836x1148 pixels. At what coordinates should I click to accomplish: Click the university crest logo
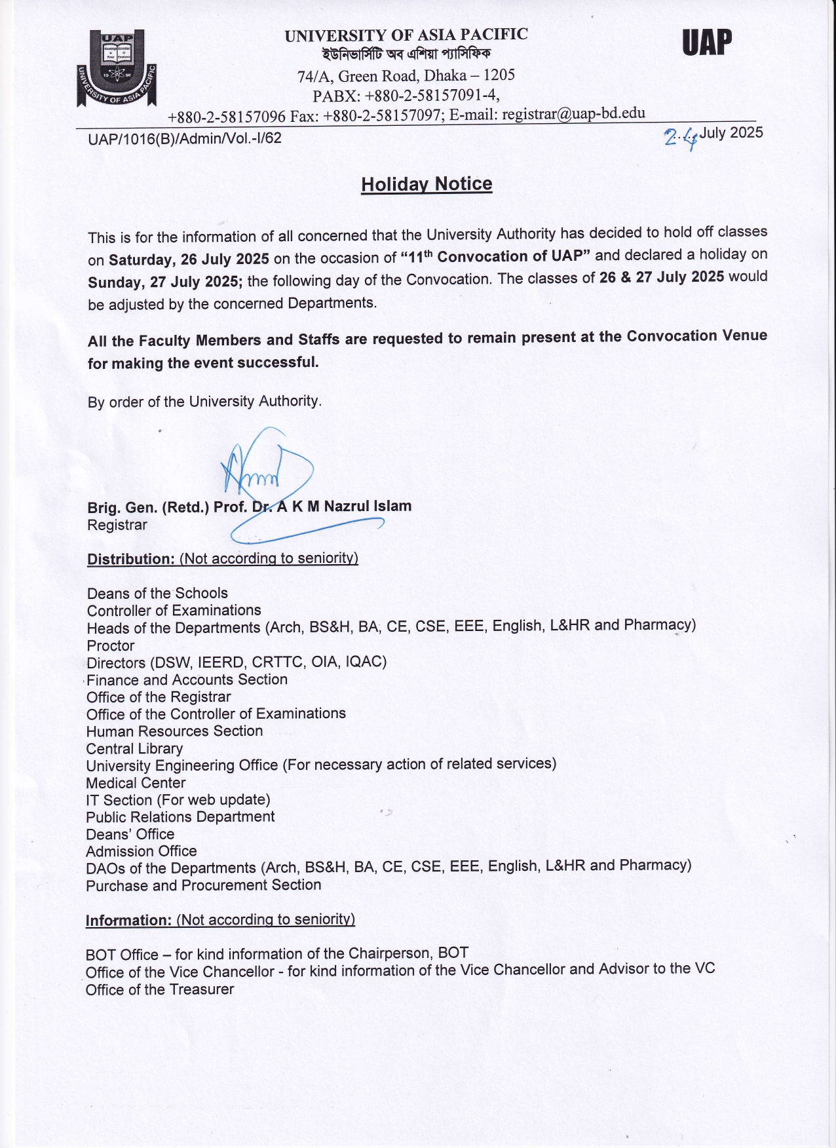click(x=117, y=68)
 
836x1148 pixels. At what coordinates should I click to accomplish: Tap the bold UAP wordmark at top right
click(x=706, y=43)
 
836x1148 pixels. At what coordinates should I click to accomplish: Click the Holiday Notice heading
click(x=427, y=184)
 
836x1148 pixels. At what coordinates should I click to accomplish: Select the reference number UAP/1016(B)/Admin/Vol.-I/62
click(x=185, y=138)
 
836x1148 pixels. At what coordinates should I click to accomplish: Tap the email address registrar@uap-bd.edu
click(x=573, y=113)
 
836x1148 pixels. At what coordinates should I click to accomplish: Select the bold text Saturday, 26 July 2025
click(x=189, y=259)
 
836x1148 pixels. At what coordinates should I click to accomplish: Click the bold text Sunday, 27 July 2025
click(x=165, y=282)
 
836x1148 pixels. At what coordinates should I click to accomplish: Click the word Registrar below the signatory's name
click(x=117, y=525)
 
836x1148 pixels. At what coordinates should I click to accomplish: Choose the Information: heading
click(x=128, y=920)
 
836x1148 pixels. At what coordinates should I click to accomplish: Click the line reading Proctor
click(x=111, y=645)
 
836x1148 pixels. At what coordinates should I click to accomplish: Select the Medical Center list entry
click(x=136, y=783)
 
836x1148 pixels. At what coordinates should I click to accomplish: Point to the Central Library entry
click(x=134, y=748)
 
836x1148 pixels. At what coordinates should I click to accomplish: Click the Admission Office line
click(x=141, y=851)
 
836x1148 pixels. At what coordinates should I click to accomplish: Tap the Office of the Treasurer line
click(x=159, y=989)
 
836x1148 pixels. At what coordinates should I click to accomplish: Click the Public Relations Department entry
click(x=180, y=817)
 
